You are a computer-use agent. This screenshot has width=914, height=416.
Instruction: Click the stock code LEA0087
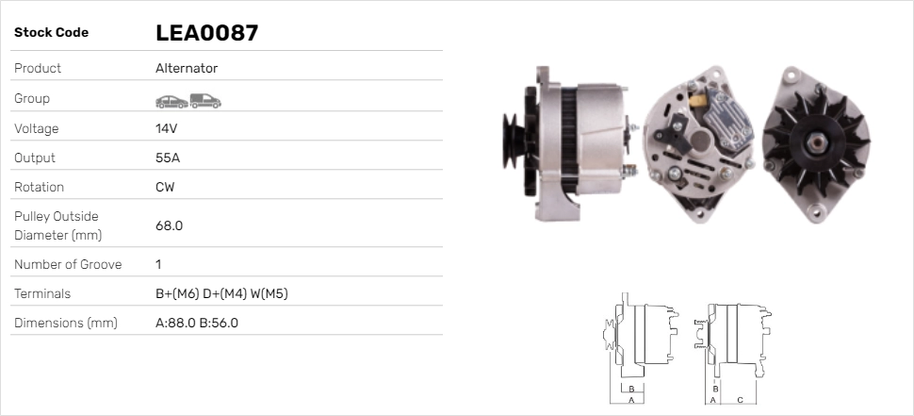point(206,33)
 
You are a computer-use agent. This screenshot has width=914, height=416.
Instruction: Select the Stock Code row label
point(51,33)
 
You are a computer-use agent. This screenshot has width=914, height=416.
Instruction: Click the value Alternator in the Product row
point(187,69)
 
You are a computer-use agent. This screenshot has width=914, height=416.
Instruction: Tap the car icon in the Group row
point(171,100)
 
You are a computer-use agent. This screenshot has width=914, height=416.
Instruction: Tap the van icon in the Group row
point(204,100)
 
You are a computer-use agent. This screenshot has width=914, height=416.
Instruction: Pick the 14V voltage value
point(167,128)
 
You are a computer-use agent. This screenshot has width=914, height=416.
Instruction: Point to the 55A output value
point(168,158)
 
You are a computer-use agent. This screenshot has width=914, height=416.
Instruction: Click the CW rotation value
point(165,187)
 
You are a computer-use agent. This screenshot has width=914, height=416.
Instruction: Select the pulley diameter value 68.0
point(169,225)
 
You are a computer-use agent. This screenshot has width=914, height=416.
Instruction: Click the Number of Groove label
point(68,264)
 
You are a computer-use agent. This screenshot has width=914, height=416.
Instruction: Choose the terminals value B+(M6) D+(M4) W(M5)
point(221,293)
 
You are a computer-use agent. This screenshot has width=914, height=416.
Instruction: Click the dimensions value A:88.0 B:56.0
point(197,323)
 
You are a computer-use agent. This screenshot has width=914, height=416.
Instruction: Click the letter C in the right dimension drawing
point(741,400)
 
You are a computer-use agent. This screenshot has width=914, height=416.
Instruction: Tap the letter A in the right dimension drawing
point(712,400)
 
